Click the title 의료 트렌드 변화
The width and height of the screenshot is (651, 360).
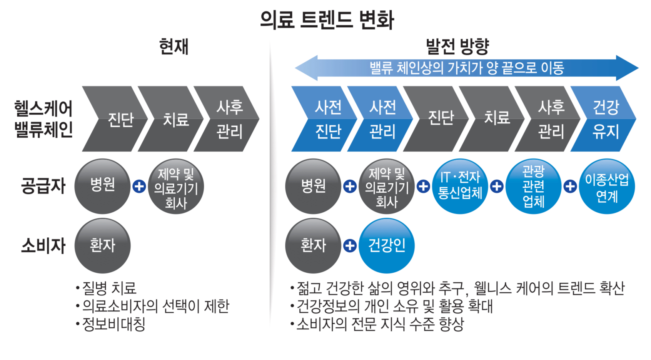coord(327,20)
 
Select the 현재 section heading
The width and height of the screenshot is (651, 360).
coord(174,47)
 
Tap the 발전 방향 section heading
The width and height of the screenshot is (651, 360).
coord(457,47)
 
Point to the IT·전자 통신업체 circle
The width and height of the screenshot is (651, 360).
coord(460,187)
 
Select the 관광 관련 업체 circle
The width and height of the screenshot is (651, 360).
coord(533,187)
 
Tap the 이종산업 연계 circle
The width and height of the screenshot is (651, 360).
coord(606,187)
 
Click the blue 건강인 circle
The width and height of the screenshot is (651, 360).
coord(386,245)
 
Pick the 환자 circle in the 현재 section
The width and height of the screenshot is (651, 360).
coord(102,245)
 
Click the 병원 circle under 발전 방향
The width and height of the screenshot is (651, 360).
coord(313,187)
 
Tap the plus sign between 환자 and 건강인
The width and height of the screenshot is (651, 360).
coord(350,245)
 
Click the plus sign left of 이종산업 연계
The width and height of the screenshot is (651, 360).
coord(570,187)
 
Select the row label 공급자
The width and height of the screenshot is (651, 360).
coord(43,186)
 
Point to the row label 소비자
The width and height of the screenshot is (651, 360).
coord(43,245)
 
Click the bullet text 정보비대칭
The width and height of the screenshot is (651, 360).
coord(114,324)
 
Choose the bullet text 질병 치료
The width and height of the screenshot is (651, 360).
coord(109,288)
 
